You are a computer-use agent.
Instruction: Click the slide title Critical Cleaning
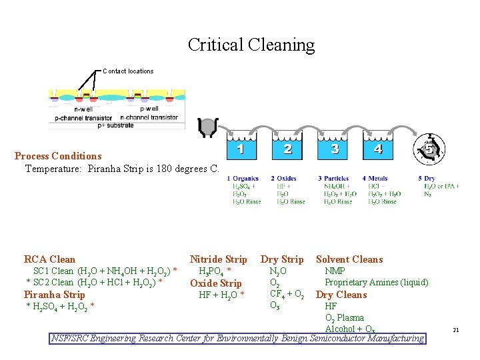251,45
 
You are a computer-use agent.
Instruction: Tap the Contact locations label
128,71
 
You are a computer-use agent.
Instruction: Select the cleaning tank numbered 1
241,149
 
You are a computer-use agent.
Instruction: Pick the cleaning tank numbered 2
288,149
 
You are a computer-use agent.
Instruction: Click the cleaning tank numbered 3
335,149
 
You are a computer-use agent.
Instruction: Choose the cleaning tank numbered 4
379,149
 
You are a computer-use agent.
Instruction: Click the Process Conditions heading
58,156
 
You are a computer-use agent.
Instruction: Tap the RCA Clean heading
49,259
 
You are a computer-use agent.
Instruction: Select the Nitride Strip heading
218,259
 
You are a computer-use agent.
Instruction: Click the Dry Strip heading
282,259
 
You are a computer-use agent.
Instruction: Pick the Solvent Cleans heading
349,259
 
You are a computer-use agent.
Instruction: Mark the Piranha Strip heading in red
55,295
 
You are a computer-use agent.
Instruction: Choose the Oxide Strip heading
216,283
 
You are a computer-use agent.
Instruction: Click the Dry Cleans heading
341,295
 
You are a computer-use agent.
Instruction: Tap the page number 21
456,329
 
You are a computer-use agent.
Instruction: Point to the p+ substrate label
116,125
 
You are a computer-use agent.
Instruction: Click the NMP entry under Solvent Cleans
335,271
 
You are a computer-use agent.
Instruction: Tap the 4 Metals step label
374,178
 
